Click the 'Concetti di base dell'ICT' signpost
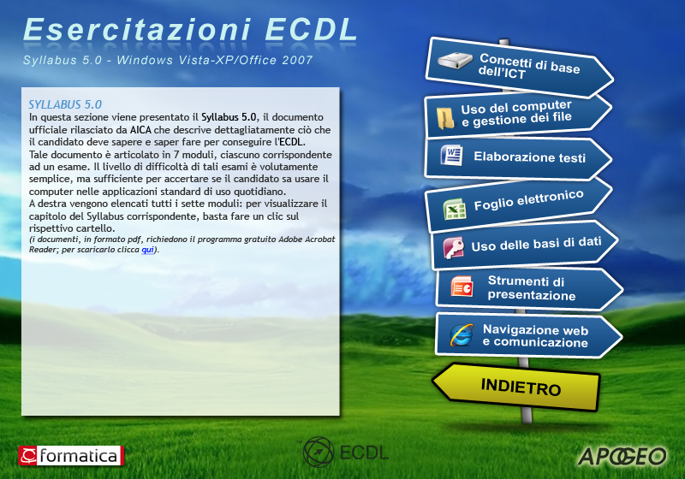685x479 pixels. pos(519,67)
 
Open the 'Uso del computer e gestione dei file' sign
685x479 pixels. pos(518,115)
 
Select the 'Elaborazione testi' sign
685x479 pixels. pos(518,157)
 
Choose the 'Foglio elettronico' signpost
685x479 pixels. pos(519,204)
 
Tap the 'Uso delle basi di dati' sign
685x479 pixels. pos(524,245)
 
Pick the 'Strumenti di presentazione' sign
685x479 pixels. pos(529,288)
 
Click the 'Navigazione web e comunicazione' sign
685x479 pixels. pos(528,335)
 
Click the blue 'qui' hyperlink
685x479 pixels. pos(147,250)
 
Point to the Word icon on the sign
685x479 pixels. pos(452,156)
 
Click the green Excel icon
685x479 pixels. pos(455,209)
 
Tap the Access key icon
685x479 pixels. pos(454,248)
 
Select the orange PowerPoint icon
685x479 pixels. pos(462,287)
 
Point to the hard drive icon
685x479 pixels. pos(455,61)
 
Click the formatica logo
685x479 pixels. pos(71,456)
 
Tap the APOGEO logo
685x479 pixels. pos(622,456)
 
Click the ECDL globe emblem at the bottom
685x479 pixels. pos(319,452)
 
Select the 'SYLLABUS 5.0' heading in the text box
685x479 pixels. pos(65,104)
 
